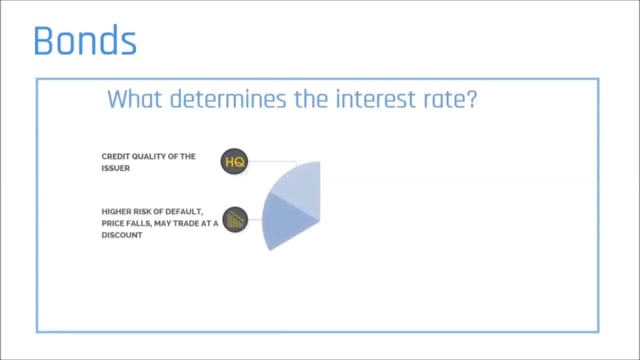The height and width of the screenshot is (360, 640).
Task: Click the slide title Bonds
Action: coord(85,40)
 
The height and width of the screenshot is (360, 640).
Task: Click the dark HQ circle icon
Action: coord(234,162)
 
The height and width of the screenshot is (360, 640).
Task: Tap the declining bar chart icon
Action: coord(235,220)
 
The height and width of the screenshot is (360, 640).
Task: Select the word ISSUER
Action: coord(116,168)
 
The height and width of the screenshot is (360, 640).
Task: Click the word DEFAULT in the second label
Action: coord(184,211)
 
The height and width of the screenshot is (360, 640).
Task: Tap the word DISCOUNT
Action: coord(122,235)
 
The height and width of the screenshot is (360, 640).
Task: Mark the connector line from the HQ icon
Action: coord(273,162)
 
